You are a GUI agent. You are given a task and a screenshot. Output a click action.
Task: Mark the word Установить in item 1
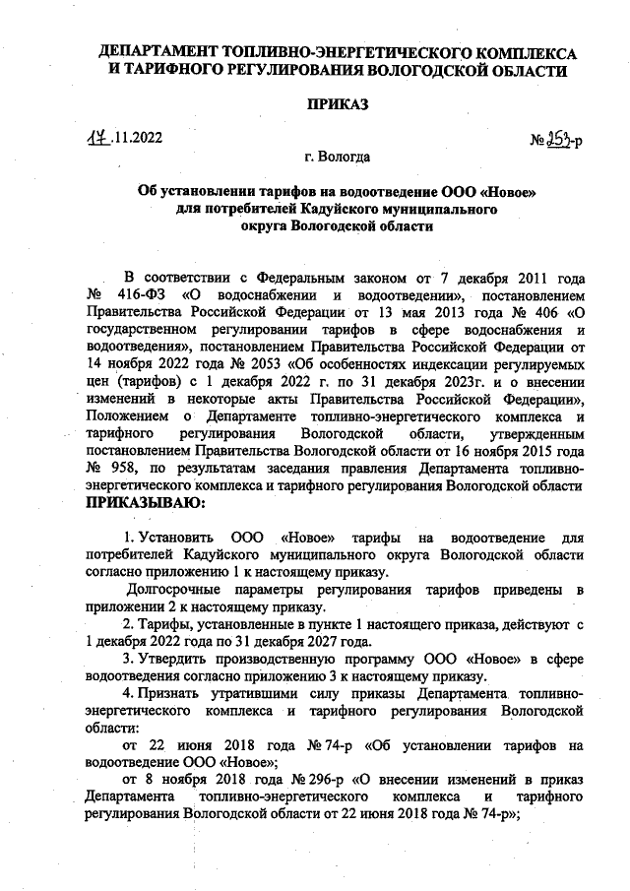(x=176, y=535)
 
